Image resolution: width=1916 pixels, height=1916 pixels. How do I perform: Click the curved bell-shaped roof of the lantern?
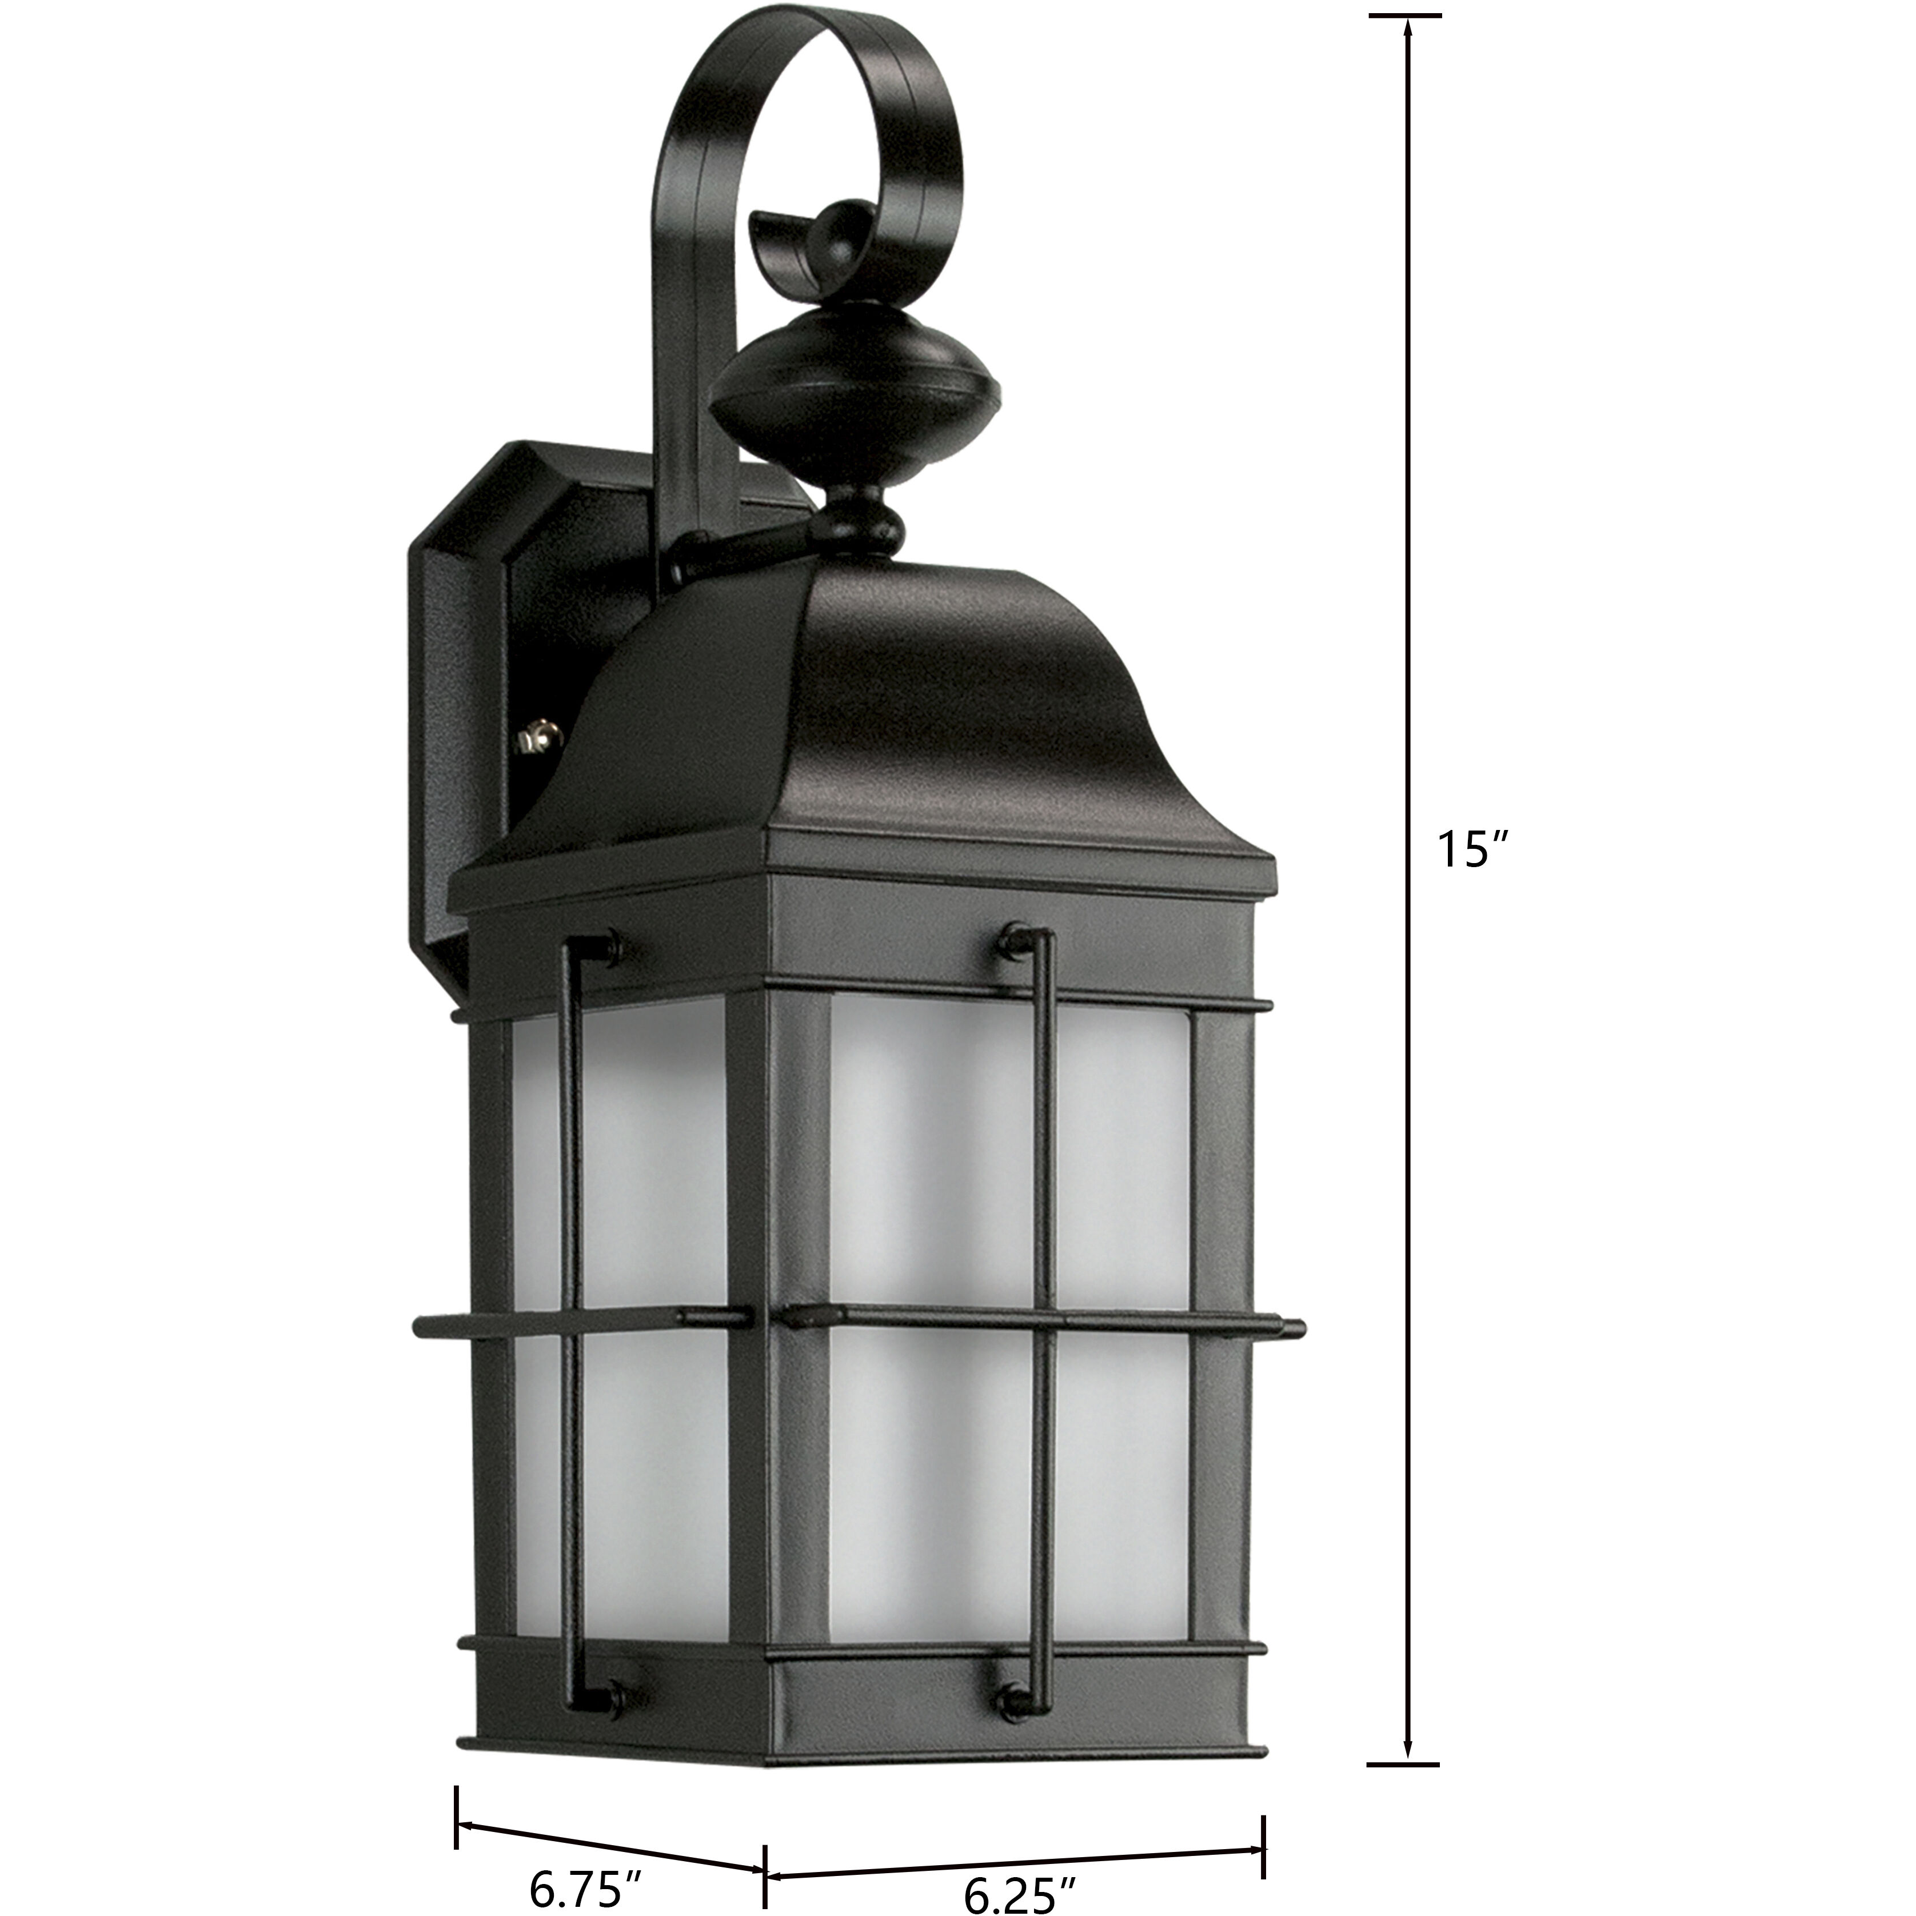(892, 724)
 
